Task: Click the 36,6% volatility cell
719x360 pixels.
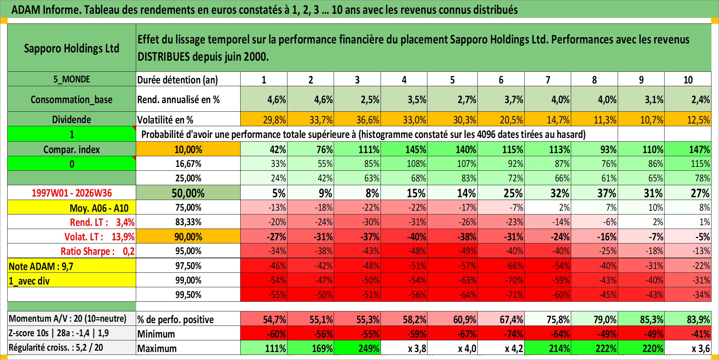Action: click(357, 119)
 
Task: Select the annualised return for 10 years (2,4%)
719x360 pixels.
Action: click(688, 99)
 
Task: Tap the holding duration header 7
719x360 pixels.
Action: click(548, 79)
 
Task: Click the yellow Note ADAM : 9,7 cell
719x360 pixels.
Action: click(72, 266)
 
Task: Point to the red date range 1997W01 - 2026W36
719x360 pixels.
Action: click(72, 193)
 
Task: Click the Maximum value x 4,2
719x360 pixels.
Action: click(501, 348)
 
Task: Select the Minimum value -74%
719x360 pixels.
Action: click(501, 333)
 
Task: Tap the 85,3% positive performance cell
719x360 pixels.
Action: click(641, 319)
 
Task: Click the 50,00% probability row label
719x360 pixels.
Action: click(188, 193)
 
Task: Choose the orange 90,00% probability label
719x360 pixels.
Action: click(188, 237)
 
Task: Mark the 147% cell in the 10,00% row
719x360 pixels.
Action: click(688, 149)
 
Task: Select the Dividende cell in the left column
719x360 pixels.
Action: click(72, 119)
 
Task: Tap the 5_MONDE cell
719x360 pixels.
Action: click(72, 79)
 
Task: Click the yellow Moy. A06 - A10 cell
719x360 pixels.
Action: click(72, 208)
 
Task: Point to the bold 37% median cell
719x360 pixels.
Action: click(594, 193)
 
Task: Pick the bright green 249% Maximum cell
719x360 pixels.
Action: click(357, 348)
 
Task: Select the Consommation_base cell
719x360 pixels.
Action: click(72, 99)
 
